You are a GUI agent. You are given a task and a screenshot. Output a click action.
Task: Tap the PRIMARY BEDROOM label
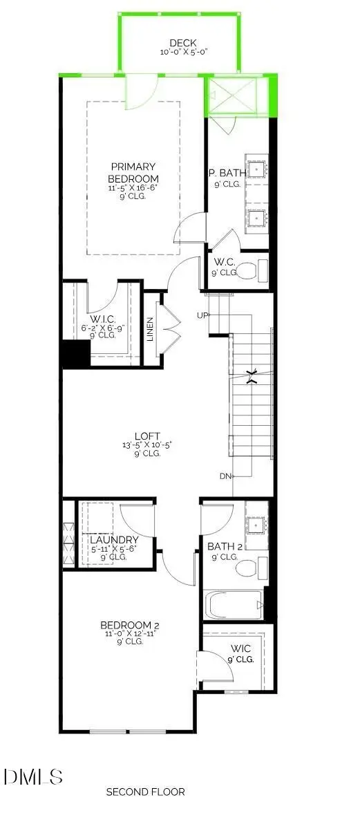[133, 173]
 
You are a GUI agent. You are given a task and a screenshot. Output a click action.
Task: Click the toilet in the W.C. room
[249, 270]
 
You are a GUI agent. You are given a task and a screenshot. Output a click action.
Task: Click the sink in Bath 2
[256, 525]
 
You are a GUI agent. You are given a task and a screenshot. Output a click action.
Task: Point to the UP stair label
[202, 315]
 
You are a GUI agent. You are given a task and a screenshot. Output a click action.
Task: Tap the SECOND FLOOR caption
[145, 792]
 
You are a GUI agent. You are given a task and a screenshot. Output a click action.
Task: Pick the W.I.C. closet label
[102, 318]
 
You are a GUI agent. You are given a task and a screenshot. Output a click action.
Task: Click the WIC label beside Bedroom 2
[241, 648]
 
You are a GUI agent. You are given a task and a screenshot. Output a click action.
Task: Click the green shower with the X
[232, 96]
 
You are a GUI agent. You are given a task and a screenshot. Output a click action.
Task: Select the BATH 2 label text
[223, 546]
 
